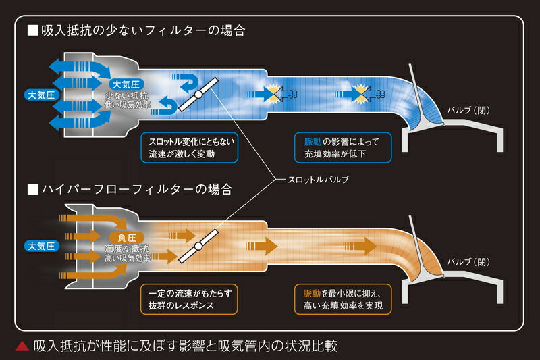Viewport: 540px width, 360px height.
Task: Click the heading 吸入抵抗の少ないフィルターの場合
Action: coord(142,31)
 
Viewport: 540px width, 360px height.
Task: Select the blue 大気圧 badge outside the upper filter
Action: coord(40,93)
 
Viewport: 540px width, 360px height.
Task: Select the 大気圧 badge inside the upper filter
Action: coord(126,84)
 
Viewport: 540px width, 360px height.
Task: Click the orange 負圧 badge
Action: coord(127,238)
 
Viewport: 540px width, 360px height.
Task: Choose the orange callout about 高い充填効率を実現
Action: coord(342,299)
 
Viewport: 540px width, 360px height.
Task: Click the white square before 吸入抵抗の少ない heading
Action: coord(32,31)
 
